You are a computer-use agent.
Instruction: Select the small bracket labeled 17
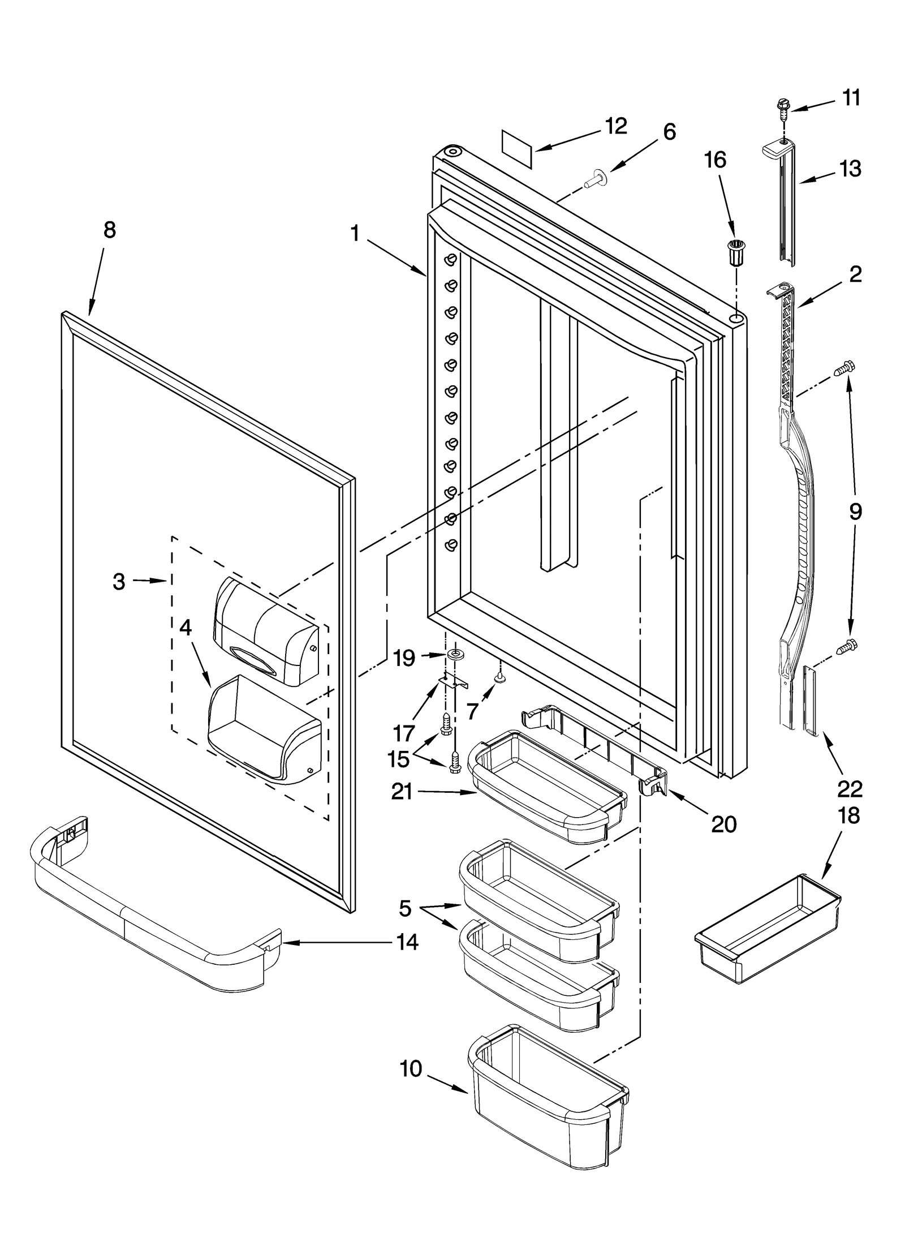[x=455, y=682]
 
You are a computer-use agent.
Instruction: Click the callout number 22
[x=850, y=788]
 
